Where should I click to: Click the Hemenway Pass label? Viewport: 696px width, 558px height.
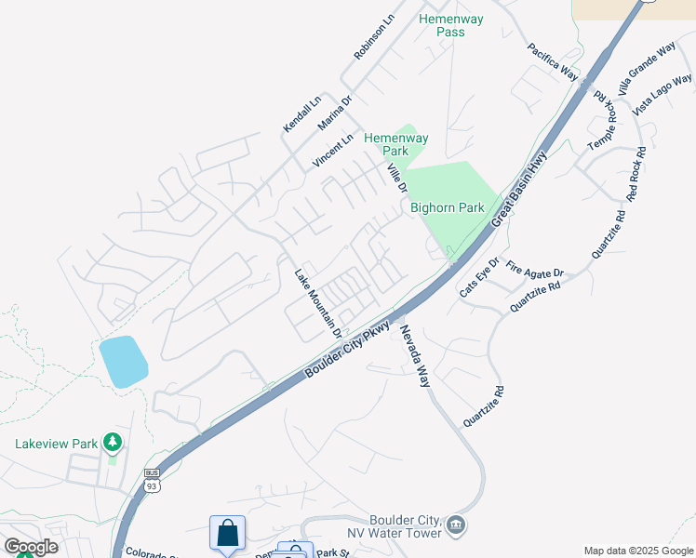(x=441, y=25)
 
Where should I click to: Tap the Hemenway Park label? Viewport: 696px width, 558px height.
(x=386, y=143)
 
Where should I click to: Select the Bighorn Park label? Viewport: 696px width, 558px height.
(x=448, y=207)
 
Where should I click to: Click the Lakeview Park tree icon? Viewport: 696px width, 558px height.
(x=113, y=440)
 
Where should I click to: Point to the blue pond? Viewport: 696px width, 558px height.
(x=123, y=362)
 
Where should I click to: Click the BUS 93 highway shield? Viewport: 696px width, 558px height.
(x=152, y=480)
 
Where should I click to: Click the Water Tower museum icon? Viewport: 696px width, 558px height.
(x=456, y=526)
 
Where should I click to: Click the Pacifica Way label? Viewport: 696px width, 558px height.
(x=553, y=61)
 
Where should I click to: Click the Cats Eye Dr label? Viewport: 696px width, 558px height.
(x=479, y=277)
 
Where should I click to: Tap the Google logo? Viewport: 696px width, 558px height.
(x=31, y=546)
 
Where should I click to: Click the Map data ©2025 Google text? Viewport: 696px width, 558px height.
(x=637, y=551)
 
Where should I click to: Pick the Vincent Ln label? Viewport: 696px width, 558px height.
(x=333, y=151)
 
